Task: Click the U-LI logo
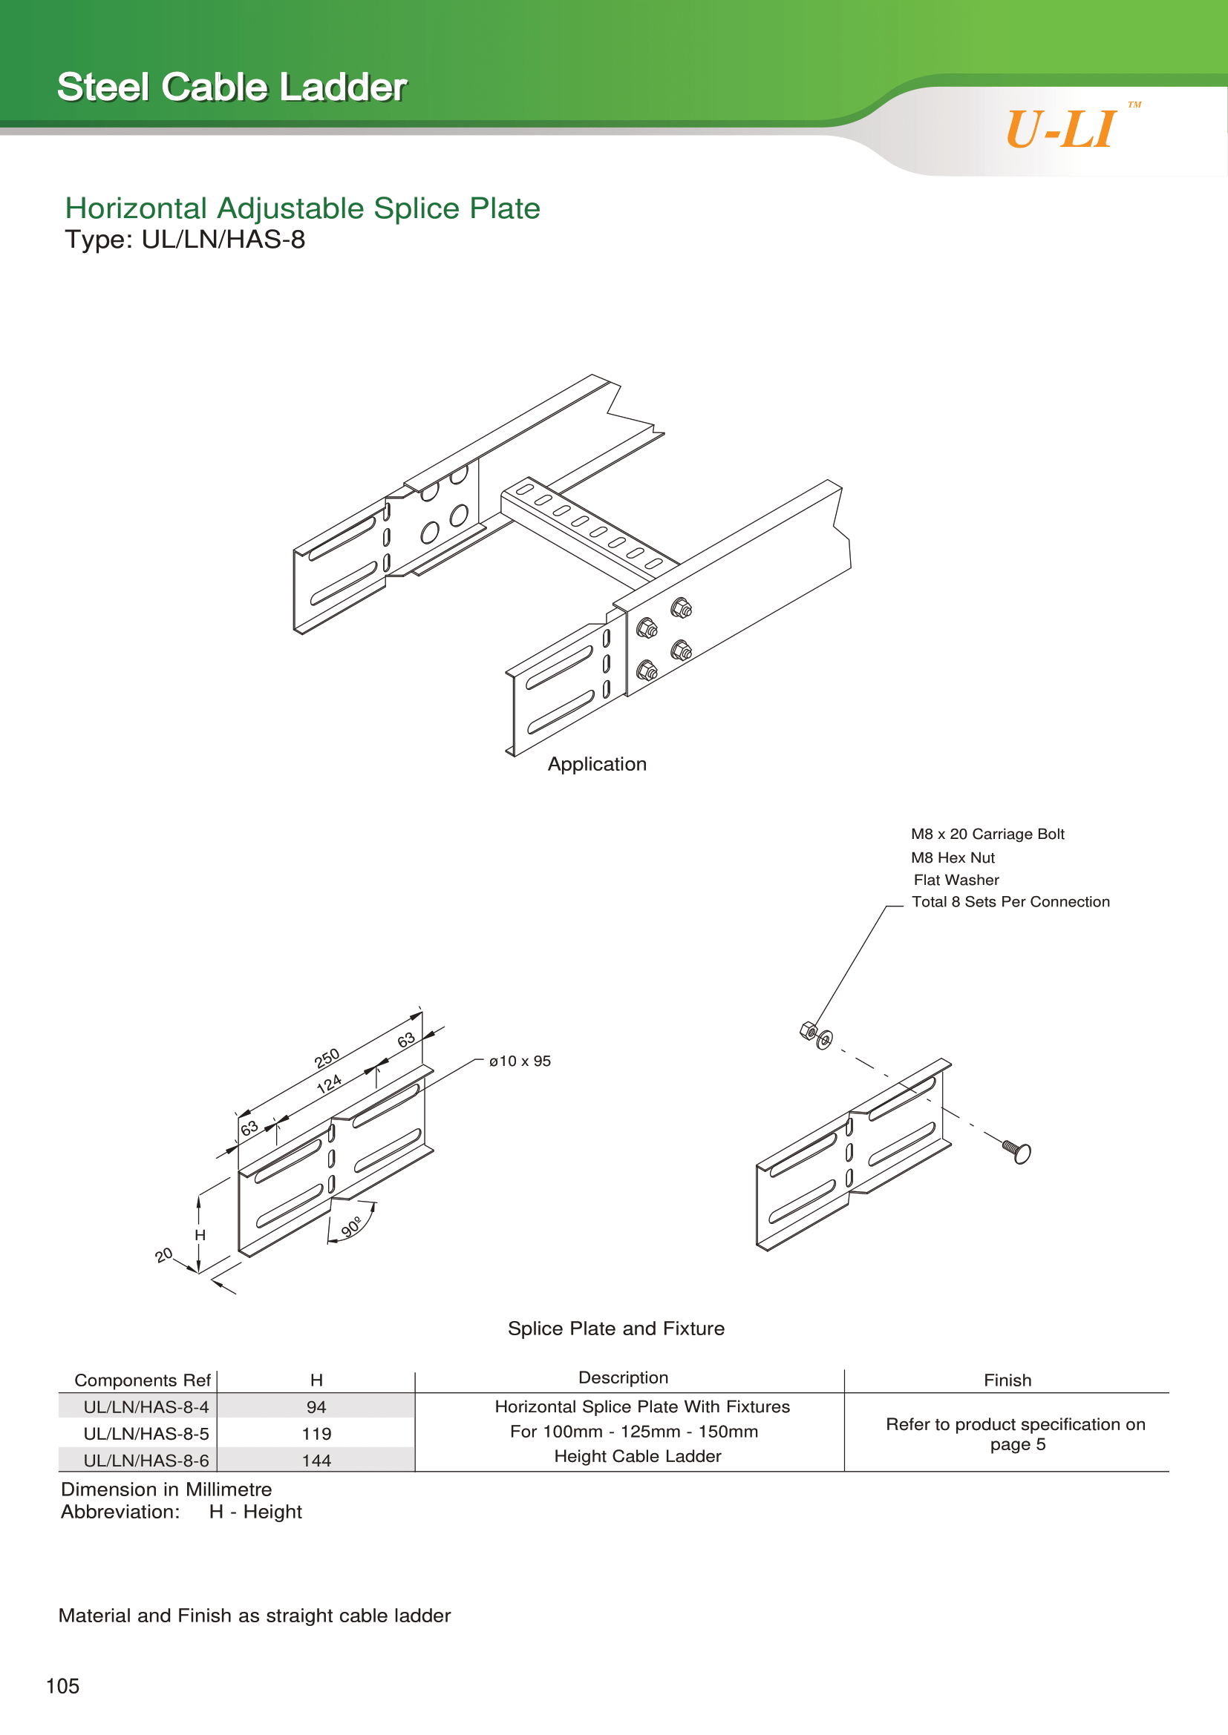click(1062, 129)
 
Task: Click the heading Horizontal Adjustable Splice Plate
click(302, 208)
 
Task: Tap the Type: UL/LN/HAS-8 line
click(186, 240)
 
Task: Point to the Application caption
click(597, 764)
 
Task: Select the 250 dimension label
click(327, 1058)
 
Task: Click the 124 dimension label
click(329, 1084)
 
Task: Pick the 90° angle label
click(351, 1225)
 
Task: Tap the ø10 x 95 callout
click(520, 1061)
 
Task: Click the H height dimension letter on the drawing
click(200, 1235)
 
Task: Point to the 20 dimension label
click(164, 1255)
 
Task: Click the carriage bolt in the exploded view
click(1018, 1152)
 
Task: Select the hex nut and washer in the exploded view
click(816, 1036)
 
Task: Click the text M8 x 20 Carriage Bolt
click(987, 834)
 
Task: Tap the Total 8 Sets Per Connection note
click(1010, 901)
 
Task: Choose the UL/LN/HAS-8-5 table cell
click(146, 1434)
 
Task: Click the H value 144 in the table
click(316, 1461)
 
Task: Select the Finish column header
click(1007, 1380)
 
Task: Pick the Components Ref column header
click(142, 1380)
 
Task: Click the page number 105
click(63, 1686)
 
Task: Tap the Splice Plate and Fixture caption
click(615, 1329)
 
